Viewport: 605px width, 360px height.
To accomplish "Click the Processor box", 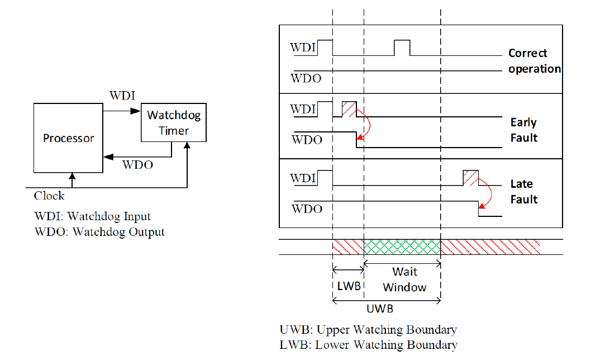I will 68,138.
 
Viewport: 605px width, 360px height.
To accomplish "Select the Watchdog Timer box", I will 174,122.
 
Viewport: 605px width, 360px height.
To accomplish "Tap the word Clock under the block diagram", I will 49,196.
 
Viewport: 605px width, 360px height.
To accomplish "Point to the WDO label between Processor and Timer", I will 137,165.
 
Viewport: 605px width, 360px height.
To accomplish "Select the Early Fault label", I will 523,130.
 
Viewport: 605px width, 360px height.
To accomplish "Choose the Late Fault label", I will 523,191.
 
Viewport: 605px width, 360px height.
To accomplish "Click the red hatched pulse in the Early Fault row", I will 349,110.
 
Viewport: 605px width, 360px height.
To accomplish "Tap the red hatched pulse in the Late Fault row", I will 471,178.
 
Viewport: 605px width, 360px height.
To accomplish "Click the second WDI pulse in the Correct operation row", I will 402,48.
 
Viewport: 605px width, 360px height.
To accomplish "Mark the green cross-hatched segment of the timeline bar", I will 402,247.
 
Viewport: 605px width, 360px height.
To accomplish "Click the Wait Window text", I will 405,280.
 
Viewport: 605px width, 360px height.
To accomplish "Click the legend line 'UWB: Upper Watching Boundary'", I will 368,330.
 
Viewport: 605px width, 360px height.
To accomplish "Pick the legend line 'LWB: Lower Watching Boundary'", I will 368,345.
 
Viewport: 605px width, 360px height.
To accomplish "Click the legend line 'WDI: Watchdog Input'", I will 92,216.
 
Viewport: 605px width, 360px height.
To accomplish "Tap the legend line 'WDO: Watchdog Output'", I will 99,231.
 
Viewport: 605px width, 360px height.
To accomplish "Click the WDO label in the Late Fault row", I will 307,209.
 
